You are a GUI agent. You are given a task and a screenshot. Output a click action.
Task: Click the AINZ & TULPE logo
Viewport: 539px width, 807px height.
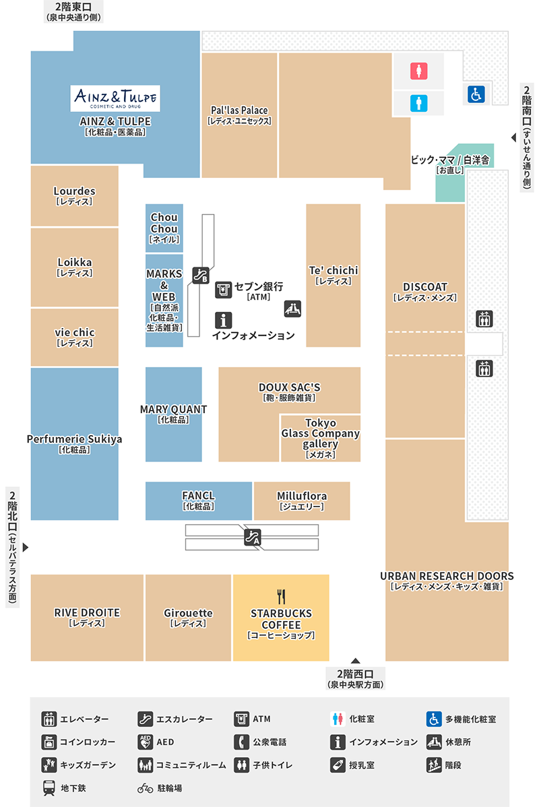115,98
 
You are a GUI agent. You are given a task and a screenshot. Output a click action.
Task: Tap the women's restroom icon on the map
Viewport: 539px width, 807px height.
419,71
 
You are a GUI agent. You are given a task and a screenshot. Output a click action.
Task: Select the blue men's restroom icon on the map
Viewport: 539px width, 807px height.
419,104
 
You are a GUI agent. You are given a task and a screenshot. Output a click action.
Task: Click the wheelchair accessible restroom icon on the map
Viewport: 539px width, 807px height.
476,94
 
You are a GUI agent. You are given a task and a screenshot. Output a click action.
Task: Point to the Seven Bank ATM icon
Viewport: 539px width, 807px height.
224,290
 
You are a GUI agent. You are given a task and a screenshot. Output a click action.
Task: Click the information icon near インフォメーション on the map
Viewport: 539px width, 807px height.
224,321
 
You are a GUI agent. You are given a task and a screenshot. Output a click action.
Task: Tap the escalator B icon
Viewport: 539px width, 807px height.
201,276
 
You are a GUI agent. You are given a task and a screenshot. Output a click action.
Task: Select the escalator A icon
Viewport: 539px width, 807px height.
252,538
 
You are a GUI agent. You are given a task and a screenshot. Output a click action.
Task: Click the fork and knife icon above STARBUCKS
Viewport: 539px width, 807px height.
281,597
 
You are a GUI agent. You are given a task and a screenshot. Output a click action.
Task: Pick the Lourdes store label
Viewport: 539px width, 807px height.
75,191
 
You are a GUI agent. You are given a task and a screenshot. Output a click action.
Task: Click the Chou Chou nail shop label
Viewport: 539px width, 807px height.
164,223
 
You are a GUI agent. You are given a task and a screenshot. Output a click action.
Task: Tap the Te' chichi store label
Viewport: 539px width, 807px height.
334,270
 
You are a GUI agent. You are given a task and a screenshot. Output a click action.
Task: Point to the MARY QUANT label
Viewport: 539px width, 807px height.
173,409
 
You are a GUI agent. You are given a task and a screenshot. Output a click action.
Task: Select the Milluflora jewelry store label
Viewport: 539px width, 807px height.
302,496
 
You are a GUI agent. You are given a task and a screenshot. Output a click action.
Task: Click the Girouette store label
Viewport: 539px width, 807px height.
189,613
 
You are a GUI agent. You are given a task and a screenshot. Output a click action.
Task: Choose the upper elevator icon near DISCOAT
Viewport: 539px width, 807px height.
484,319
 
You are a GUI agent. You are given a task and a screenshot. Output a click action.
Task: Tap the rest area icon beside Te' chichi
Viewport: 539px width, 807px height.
292,309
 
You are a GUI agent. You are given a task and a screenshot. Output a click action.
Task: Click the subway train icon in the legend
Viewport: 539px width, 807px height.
49,788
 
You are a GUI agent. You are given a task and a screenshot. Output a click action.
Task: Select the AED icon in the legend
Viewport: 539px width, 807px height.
145,742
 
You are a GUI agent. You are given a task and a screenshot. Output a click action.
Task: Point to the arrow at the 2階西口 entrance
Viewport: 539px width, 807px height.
355,661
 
